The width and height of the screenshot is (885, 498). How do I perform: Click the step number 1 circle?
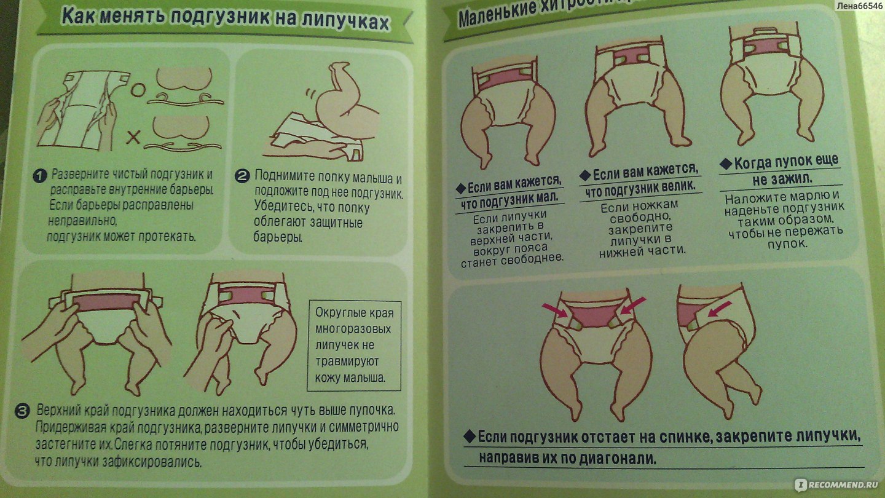(39, 175)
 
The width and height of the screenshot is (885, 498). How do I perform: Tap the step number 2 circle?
(242, 176)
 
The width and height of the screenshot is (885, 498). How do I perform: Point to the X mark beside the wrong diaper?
(133, 137)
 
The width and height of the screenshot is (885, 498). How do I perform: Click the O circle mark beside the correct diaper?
(138, 90)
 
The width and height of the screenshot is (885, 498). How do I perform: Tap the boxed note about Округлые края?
(354, 346)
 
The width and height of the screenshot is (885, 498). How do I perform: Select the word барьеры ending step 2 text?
(278, 237)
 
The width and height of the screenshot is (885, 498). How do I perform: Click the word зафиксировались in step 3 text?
(152, 462)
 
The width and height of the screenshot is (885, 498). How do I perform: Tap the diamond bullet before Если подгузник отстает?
(469, 437)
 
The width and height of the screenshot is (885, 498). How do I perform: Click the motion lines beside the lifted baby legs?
(310, 97)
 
